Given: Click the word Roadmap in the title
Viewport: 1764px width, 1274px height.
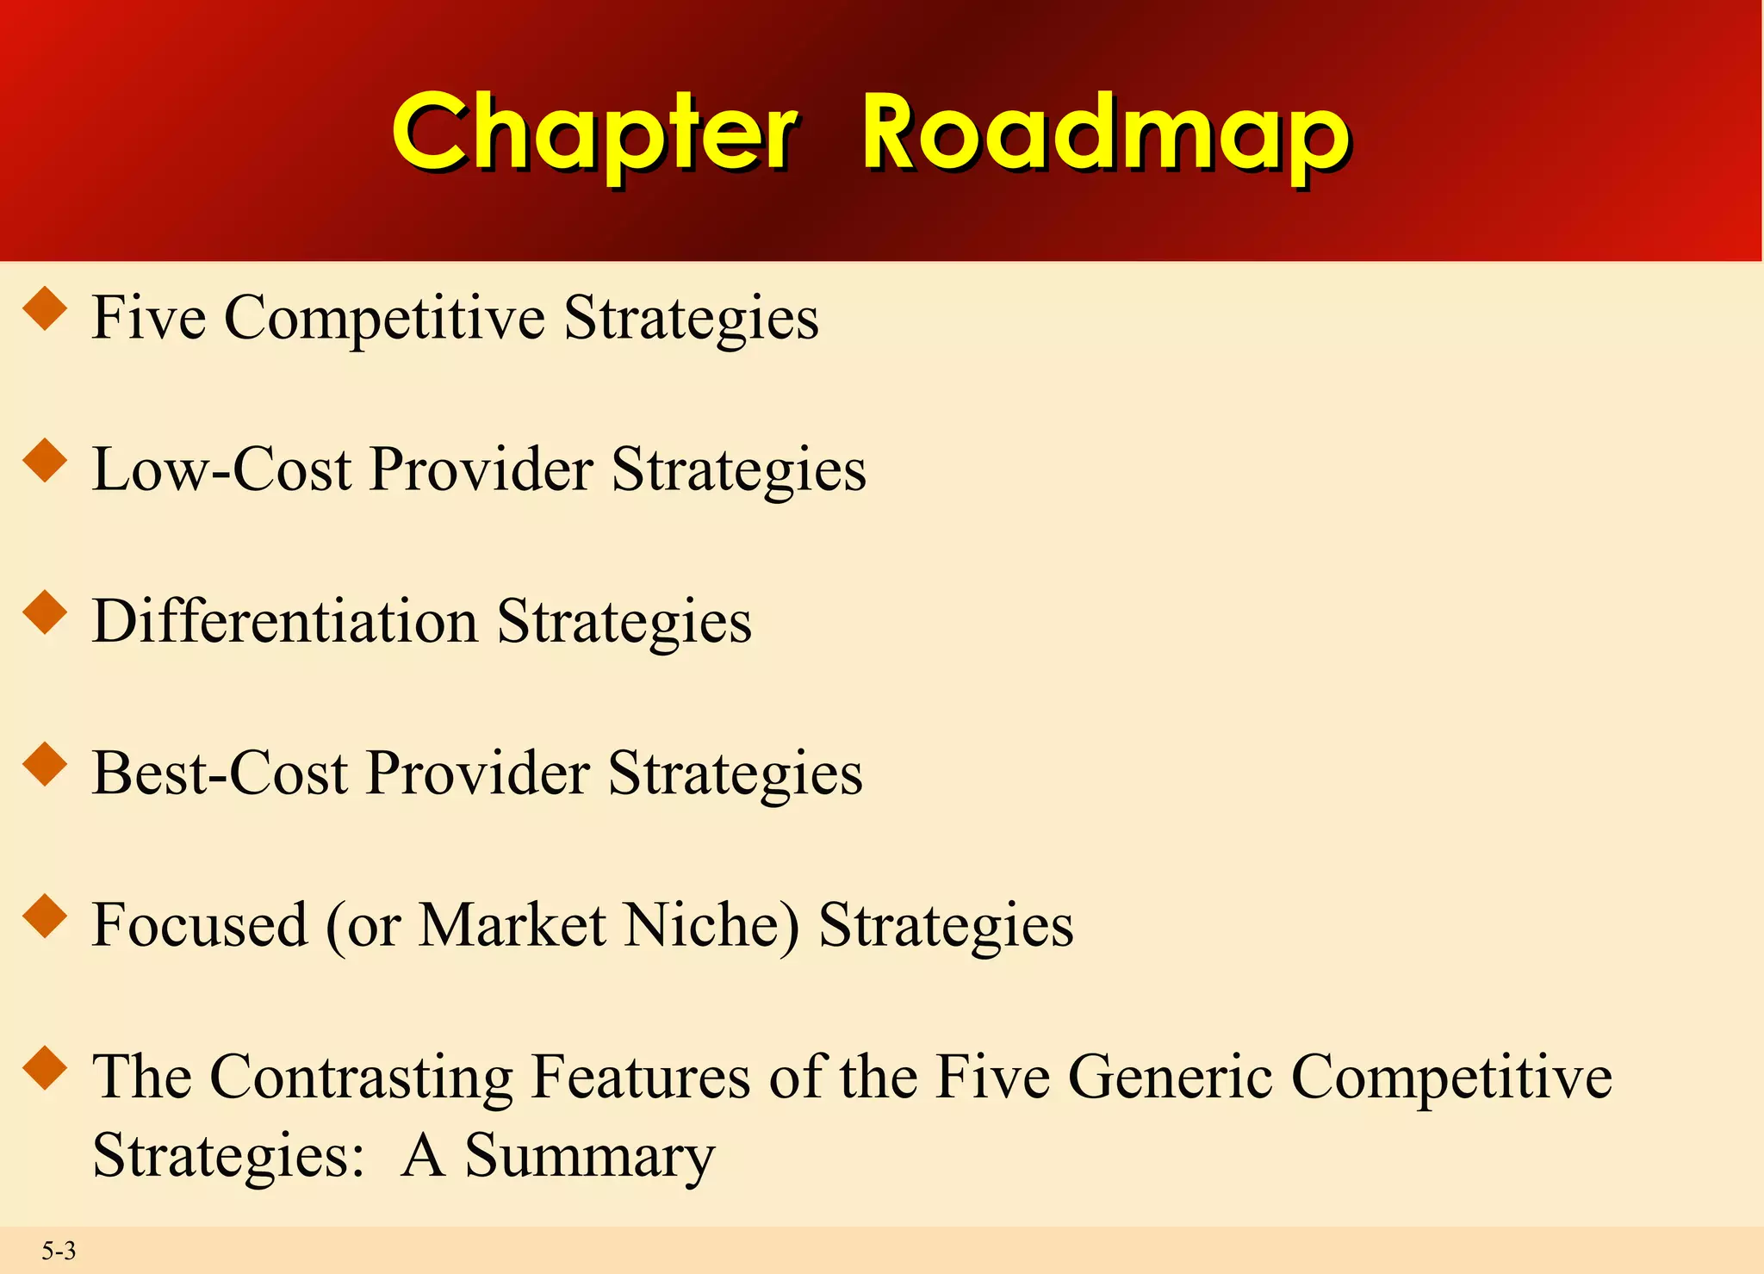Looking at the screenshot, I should (x=1104, y=134).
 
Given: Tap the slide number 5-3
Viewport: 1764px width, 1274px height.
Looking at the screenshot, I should (x=59, y=1250).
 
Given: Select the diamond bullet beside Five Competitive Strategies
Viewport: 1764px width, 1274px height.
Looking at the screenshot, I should (x=46, y=309).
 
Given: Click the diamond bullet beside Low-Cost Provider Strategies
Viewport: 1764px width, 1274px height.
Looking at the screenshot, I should (x=46, y=461).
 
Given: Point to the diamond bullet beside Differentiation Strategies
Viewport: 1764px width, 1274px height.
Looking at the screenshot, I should (x=46, y=612).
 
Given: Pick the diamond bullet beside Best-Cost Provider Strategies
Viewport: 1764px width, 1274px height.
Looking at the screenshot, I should (x=46, y=764).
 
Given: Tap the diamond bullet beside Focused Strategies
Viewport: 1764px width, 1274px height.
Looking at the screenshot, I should (x=46, y=916).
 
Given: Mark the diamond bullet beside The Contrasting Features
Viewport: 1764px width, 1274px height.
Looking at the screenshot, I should (x=46, y=1067).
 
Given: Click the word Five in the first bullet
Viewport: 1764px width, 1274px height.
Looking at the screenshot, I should (x=148, y=318).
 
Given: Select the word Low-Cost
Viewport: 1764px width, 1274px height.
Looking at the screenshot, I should (x=221, y=470).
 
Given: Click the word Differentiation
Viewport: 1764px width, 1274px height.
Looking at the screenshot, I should (x=284, y=621).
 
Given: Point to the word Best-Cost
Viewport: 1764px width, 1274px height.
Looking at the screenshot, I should (x=220, y=773).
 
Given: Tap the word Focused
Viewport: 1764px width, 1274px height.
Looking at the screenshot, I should (x=200, y=925).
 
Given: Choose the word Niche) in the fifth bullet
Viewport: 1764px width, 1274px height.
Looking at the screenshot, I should (x=711, y=925).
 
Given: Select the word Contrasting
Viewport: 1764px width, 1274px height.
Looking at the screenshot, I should (x=361, y=1077).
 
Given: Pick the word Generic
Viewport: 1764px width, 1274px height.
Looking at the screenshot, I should (x=1170, y=1077).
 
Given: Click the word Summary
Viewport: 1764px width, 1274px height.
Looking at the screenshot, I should (x=589, y=1155).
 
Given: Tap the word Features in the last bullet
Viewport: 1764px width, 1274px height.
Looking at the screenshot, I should (x=641, y=1077).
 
